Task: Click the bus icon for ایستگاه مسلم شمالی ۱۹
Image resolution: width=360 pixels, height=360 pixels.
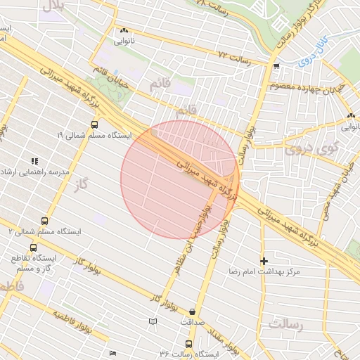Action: click(94, 124)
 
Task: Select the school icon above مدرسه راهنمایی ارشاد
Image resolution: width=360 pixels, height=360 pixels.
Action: click(34, 161)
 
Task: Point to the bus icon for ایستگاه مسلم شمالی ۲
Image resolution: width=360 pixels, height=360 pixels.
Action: click(45, 221)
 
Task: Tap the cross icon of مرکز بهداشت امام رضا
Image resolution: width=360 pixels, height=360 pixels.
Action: click(264, 260)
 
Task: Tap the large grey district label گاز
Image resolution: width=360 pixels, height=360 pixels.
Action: click(83, 184)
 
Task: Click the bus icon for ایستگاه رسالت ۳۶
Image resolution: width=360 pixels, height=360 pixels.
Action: click(188, 344)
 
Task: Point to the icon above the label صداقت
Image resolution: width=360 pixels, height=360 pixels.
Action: click(193, 311)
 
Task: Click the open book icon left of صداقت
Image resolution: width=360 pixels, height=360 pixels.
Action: click(151, 321)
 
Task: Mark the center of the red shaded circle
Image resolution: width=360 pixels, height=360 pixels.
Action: click(180, 179)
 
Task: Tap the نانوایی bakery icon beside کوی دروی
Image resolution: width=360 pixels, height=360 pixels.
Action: click(350, 116)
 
